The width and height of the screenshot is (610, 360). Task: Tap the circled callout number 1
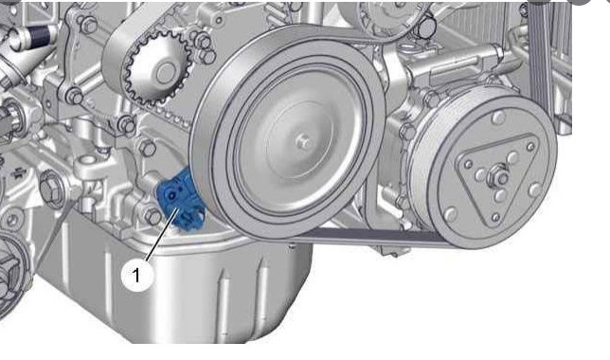tap(136, 276)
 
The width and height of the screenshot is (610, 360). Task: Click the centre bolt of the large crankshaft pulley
tap(303, 143)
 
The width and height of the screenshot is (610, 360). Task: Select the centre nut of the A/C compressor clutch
tap(497, 177)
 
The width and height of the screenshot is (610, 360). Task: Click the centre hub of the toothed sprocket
tap(167, 72)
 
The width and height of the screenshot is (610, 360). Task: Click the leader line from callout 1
tap(162, 234)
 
